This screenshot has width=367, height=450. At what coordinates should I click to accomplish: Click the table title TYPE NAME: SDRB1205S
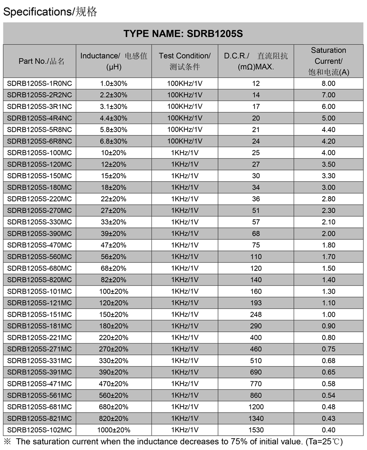(183, 34)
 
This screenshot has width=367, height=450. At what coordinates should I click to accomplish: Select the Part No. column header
(42, 61)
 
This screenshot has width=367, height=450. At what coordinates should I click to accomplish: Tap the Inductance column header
(114, 61)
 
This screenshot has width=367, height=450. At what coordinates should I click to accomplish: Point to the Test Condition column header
(185, 61)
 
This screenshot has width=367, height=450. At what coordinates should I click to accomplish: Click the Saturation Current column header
(328, 61)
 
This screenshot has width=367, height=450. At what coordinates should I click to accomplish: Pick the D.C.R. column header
(256, 61)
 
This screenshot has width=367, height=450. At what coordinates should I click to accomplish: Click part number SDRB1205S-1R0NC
(39, 83)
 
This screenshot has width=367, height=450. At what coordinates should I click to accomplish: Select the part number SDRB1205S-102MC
(39, 430)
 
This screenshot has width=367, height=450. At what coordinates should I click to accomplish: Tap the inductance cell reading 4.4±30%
(113, 118)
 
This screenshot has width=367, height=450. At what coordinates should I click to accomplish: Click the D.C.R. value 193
(256, 303)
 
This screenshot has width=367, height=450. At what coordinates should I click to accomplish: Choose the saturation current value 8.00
(328, 83)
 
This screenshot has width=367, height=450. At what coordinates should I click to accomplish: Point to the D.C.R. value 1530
(256, 430)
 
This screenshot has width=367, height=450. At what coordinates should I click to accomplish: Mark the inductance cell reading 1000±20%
(113, 430)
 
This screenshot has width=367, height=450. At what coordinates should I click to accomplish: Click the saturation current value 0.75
(328, 349)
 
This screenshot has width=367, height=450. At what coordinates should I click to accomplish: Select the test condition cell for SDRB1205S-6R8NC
(185, 141)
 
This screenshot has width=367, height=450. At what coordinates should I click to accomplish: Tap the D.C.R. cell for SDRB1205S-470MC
(256, 245)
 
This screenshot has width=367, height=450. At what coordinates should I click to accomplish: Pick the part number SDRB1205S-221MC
(39, 338)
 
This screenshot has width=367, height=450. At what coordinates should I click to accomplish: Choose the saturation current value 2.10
(328, 222)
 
